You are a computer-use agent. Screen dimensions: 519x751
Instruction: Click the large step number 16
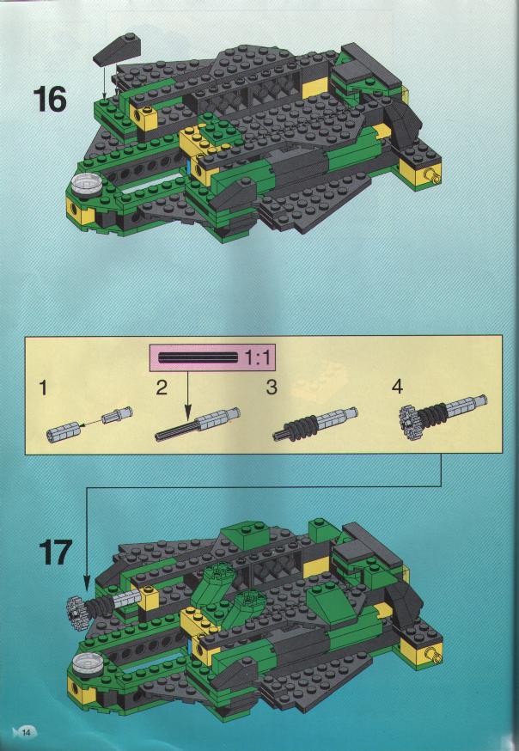(x=50, y=100)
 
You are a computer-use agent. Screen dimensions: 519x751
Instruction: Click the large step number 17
(x=56, y=553)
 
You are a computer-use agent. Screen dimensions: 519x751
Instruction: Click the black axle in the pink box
(x=198, y=357)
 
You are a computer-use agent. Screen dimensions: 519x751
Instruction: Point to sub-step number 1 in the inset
(x=44, y=387)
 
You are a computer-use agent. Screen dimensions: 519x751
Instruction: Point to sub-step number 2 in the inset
(x=162, y=387)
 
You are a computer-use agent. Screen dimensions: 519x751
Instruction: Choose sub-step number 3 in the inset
(x=272, y=387)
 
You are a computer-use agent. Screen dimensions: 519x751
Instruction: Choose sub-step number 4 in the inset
(x=397, y=387)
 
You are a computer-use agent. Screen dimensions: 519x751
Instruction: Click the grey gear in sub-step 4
(x=408, y=422)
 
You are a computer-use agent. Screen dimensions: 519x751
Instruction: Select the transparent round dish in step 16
(x=84, y=183)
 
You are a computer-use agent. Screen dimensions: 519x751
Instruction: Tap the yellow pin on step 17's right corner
(x=435, y=655)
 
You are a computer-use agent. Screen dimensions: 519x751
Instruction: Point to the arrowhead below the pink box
(x=187, y=411)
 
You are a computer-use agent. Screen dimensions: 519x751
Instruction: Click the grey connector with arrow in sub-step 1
(x=120, y=413)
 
